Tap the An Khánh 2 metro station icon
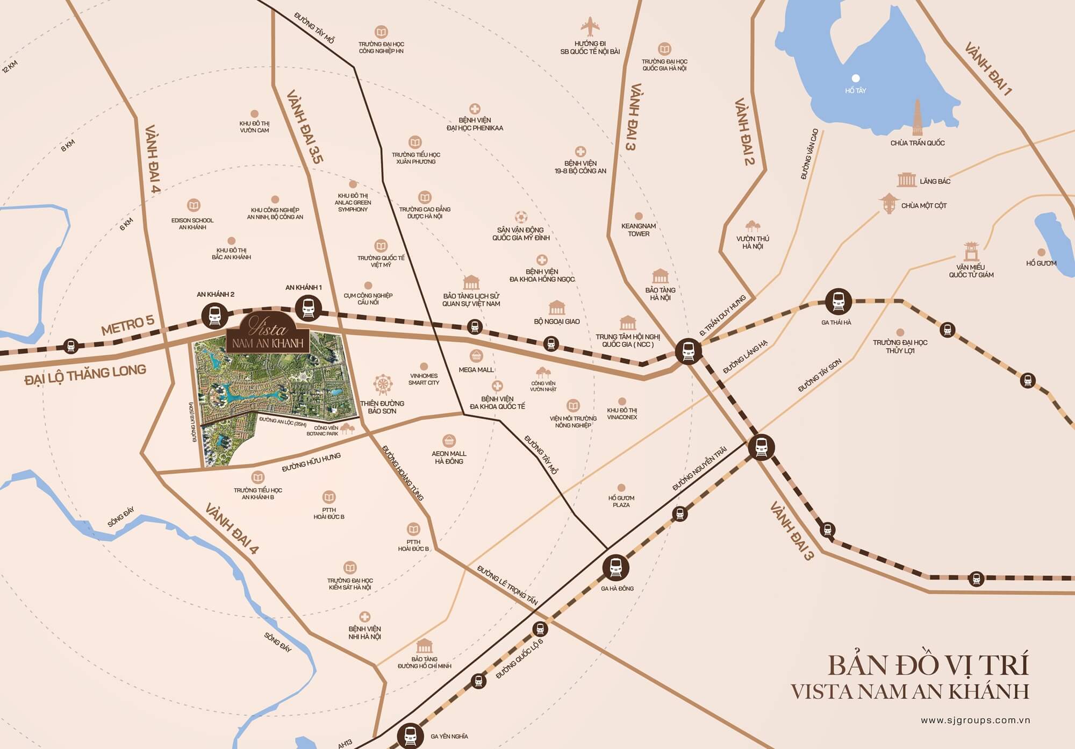point(214,316)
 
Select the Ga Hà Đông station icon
point(616,567)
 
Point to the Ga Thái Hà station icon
point(838,301)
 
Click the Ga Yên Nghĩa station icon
point(411,736)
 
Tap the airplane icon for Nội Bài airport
point(590,27)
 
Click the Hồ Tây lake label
point(855,90)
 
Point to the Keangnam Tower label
point(639,230)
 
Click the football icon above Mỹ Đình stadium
point(520,217)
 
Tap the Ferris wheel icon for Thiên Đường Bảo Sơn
point(382,385)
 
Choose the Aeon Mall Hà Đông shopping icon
point(449,441)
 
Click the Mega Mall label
point(476,370)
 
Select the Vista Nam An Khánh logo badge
point(268,333)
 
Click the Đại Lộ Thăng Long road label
point(85,374)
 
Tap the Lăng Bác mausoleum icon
point(906,180)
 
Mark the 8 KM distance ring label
point(68,145)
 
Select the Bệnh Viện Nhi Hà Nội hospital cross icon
point(365,617)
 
